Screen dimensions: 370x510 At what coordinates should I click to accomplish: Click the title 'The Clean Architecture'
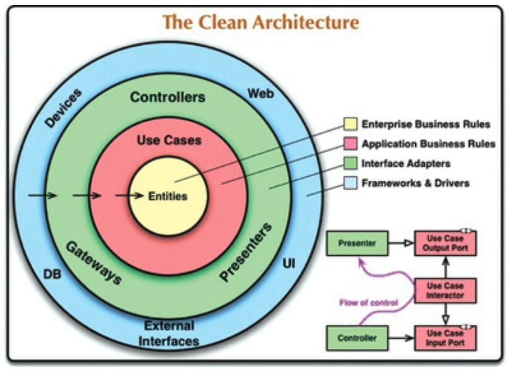click(261, 23)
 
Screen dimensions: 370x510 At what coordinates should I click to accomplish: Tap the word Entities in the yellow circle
click(167, 196)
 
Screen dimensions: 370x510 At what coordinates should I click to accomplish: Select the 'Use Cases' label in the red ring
click(169, 140)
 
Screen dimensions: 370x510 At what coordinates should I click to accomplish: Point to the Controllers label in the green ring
click(168, 97)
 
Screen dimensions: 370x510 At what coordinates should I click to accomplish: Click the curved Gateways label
click(93, 262)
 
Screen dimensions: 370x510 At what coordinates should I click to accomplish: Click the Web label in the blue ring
click(261, 93)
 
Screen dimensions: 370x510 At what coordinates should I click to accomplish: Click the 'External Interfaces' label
click(169, 333)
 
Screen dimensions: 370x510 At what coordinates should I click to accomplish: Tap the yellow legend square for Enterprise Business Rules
click(350, 124)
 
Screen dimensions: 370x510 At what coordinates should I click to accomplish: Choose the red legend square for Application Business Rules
click(350, 144)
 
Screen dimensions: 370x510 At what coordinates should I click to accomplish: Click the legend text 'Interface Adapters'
click(406, 164)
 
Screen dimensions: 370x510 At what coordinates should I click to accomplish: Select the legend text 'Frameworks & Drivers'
click(415, 183)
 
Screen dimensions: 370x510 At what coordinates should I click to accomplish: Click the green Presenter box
click(357, 243)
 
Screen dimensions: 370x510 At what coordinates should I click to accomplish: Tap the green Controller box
click(357, 338)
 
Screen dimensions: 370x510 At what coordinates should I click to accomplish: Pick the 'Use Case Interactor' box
click(445, 290)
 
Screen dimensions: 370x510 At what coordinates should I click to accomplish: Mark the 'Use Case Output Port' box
click(445, 243)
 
